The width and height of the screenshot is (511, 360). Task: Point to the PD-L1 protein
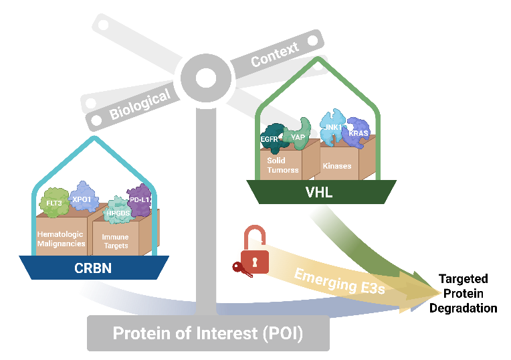pos(139,199)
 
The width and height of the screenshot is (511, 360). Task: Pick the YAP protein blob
pos(298,137)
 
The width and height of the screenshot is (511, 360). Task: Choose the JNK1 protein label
pos(333,126)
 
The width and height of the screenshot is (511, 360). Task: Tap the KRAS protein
pos(358,133)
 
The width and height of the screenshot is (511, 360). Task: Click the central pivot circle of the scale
pos(205,76)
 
